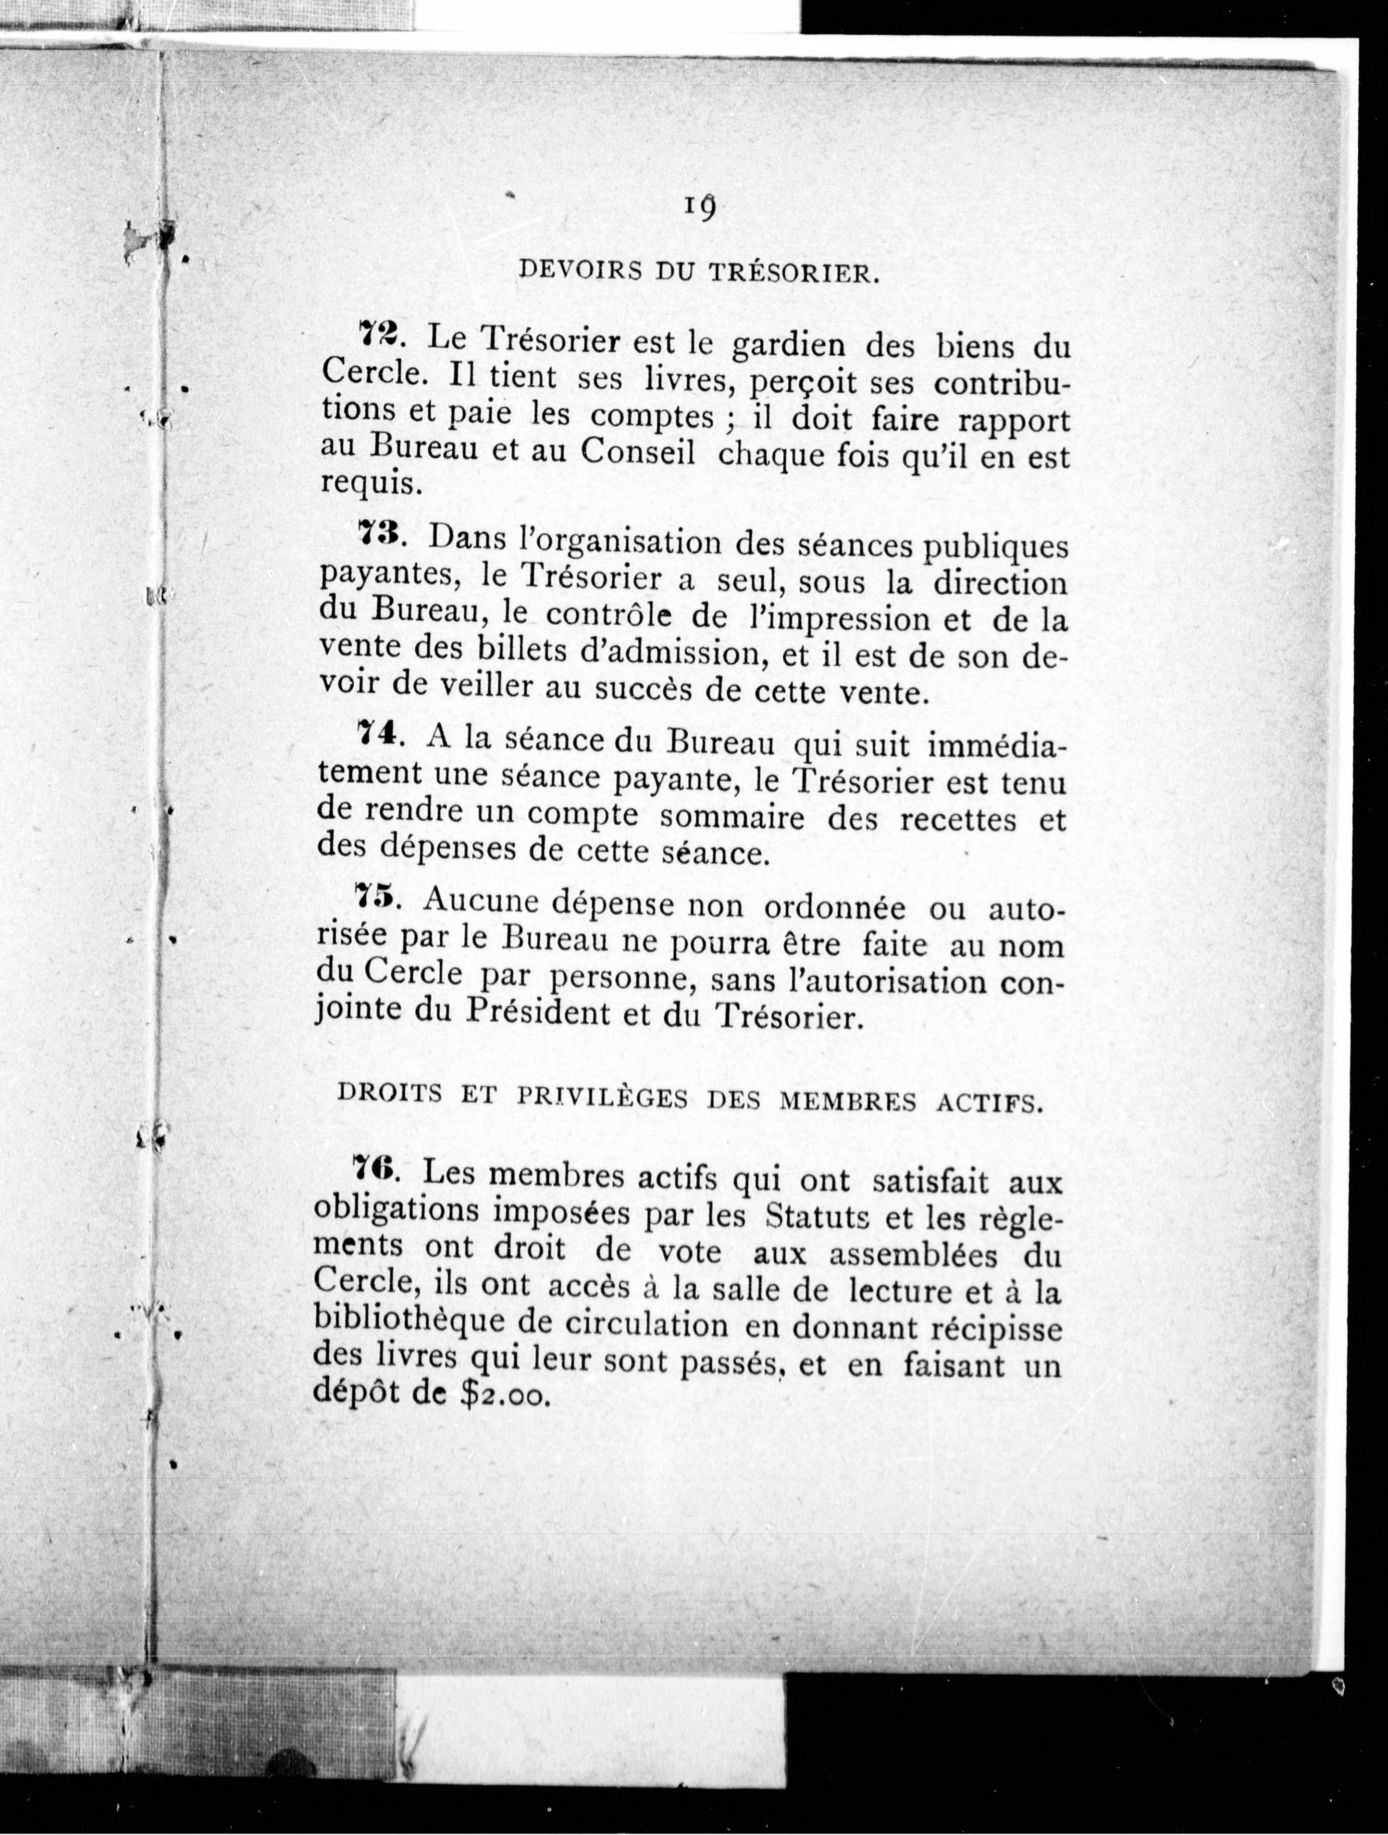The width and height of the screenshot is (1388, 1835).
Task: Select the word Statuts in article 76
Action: pos(817,1217)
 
